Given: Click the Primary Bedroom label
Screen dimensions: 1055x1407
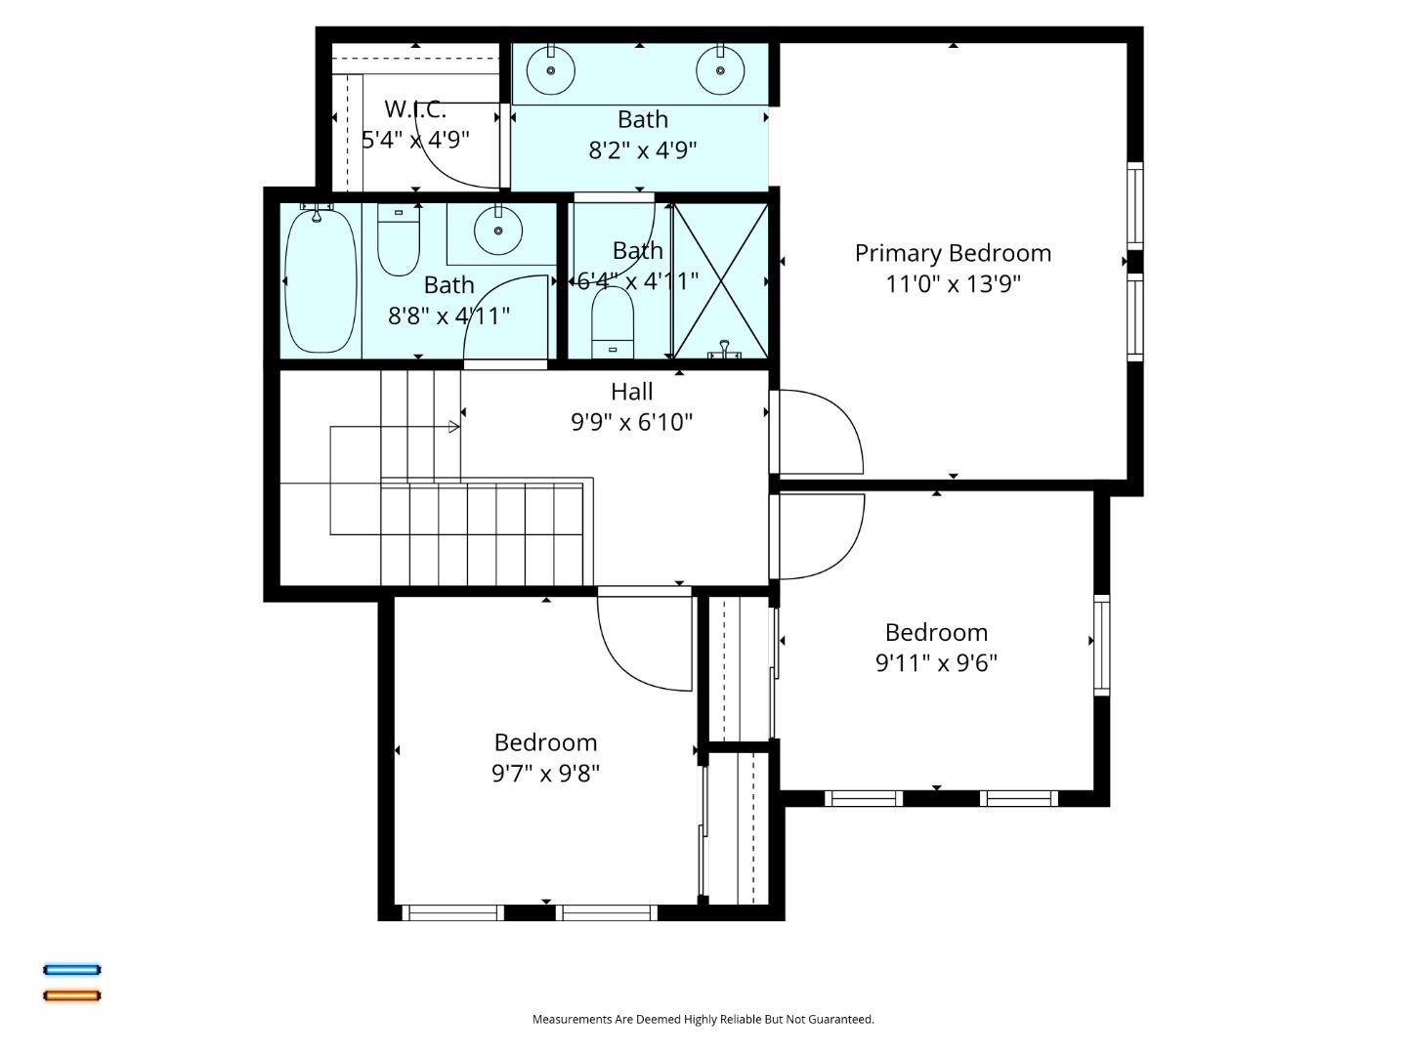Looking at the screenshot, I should click(953, 253).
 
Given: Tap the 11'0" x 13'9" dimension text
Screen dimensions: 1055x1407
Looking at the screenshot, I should click(953, 284).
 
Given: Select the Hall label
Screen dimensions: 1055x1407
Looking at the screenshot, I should click(631, 392).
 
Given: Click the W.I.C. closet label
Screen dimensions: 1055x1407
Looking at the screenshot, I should click(415, 109).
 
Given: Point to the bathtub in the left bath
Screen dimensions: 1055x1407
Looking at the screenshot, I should click(320, 281).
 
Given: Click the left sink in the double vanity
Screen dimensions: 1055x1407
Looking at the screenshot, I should click(551, 70).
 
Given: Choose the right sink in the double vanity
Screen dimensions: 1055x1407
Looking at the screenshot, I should click(720, 70).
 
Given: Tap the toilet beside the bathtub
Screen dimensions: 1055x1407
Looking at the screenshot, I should click(399, 241).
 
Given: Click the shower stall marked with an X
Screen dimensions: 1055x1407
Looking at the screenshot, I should click(720, 281).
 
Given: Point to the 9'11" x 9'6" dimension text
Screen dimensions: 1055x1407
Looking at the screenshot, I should click(936, 663).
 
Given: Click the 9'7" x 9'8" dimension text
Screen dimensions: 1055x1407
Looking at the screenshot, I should click(545, 774).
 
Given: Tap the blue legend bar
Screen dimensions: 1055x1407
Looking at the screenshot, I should click(72, 970).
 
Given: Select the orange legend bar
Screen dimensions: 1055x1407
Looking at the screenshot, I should click(72, 995).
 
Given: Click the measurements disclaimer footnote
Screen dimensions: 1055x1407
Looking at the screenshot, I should click(703, 1019).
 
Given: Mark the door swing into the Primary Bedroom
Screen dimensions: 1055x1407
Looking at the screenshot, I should click(819, 431).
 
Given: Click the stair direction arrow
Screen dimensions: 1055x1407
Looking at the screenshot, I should click(454, 426).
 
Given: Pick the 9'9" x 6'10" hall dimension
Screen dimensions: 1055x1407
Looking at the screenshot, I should click(631, 422).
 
